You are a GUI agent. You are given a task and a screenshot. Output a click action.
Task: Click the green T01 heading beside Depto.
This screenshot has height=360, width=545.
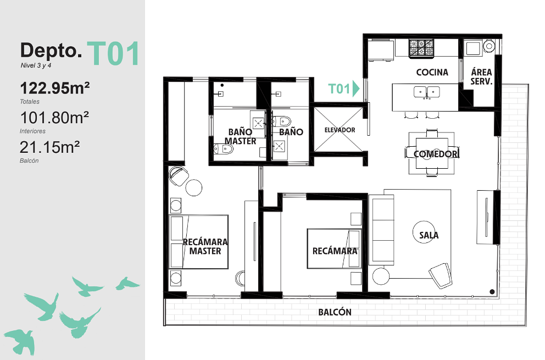[113, 53]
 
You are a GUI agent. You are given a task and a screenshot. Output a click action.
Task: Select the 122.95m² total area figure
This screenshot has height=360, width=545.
[55, 88]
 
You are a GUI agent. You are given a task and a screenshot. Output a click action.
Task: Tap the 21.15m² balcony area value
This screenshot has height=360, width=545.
[49, 147]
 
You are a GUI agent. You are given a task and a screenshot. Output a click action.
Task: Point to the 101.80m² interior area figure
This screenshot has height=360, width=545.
[54, 118]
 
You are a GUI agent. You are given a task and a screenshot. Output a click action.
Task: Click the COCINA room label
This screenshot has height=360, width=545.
[432, 73]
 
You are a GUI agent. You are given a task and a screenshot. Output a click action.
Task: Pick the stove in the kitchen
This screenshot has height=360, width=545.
[421, 48]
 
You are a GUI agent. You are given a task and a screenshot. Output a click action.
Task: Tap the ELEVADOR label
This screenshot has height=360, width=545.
[340, 130]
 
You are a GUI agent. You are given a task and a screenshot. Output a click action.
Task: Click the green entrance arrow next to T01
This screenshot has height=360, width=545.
[355, 88]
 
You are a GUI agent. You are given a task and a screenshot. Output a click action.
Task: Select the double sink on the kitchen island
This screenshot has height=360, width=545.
[427, 92]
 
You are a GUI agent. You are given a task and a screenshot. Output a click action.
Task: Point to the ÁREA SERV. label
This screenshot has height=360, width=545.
[481, 77]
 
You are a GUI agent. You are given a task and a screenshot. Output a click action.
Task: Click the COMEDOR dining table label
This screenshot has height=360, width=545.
[436, 154]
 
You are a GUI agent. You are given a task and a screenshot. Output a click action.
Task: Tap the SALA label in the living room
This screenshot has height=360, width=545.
[429, 235]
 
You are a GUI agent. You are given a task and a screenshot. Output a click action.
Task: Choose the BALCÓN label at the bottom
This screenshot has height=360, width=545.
[335, 312]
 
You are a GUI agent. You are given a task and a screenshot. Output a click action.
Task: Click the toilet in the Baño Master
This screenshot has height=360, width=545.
[224, 149]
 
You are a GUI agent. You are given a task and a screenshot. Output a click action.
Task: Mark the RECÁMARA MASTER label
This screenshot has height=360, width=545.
[205, 246]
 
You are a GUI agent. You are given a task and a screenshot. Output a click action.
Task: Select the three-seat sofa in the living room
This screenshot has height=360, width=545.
[383, 230]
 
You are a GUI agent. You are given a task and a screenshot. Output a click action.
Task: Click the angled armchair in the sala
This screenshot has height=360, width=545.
[441, 275]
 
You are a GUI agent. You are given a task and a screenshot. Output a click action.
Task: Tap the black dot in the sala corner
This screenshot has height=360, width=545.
[492, 292]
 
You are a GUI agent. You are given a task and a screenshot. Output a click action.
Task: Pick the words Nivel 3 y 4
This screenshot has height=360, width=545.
[36, 65]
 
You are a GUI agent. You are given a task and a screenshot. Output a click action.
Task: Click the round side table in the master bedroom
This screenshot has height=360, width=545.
[193, 187]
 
